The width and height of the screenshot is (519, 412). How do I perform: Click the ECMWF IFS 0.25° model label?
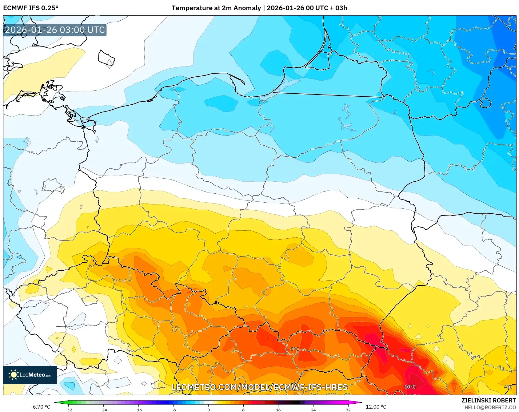tap(31, 8)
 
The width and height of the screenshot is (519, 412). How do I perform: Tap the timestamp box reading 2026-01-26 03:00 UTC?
tap(55, 30)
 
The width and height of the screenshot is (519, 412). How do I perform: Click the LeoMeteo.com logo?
tap(30, 375)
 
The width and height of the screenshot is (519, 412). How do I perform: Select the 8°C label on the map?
tap(295, 349)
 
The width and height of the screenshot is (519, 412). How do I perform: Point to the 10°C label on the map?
tap(410, 387)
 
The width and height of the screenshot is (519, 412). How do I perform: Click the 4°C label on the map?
tap(508, 387)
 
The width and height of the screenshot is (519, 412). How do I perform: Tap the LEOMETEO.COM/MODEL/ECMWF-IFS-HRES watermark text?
tap(259, 387)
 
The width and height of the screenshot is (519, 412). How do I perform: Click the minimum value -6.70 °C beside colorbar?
tap(40, 407)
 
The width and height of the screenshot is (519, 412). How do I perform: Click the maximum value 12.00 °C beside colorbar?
tap(376, 407)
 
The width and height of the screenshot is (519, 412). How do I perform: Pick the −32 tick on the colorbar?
tap(69, 410)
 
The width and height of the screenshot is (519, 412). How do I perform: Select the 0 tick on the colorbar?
tap(209, 410)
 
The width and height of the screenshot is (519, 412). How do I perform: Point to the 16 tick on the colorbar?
tap(278, 410)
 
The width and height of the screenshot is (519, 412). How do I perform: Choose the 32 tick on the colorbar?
tap(348, 410)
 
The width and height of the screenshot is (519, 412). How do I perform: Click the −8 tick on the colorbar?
tap(173, 410)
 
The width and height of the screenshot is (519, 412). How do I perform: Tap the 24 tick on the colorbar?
tap(313, 410)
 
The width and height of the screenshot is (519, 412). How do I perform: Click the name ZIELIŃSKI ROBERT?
tap(488, 400)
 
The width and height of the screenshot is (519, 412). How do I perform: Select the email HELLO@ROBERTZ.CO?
tap(490, 407)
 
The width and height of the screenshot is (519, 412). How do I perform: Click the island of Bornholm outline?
tap(106, 58)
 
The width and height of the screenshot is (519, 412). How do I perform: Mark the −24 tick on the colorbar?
tap(103, 410)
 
